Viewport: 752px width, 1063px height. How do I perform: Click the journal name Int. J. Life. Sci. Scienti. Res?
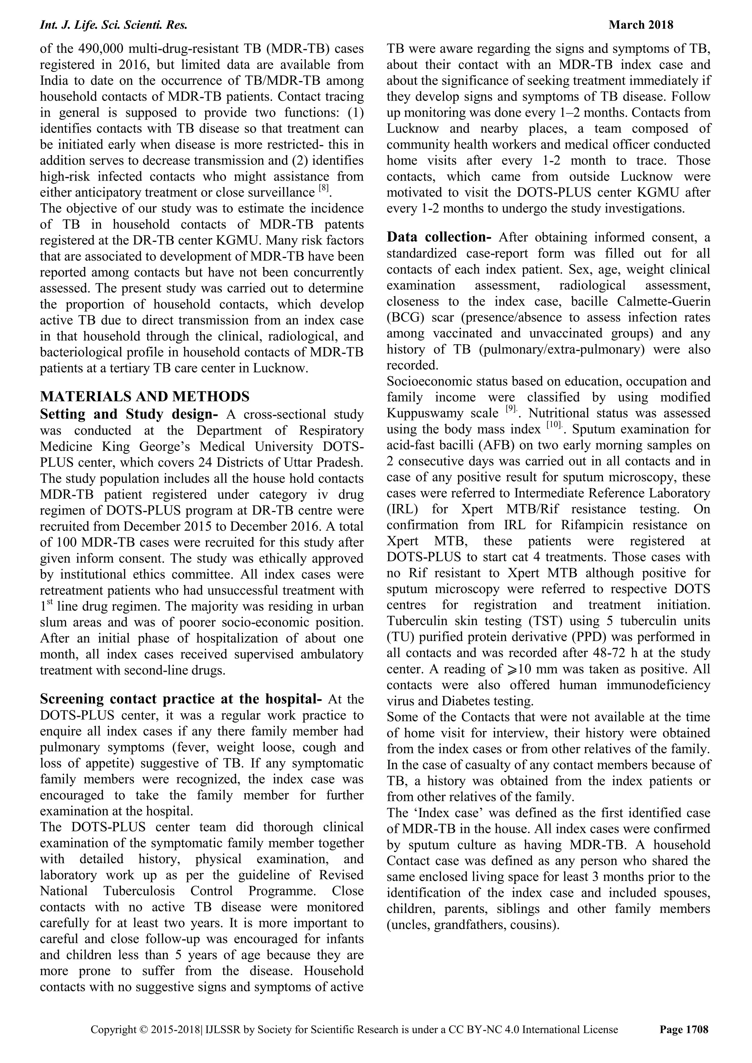click(x=113, y=25)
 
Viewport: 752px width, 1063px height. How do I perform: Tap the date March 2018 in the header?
click(x=641, y=25)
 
